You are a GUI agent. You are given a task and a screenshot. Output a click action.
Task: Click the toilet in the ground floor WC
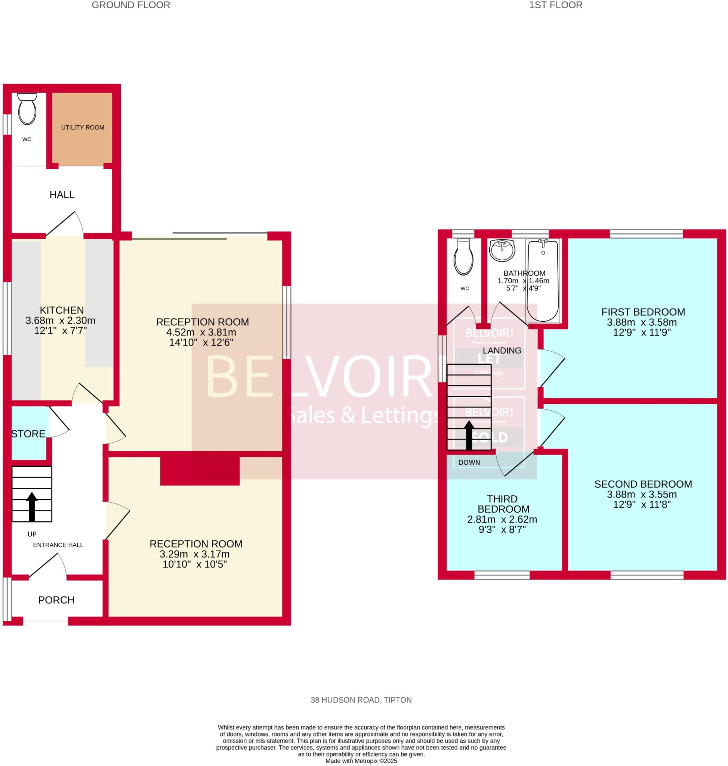tap(27, 110)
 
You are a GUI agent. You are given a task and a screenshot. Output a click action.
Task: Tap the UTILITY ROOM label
tap(83, 128)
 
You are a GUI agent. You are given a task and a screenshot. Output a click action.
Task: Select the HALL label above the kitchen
tap(62, 194)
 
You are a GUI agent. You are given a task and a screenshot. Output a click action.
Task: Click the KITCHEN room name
tap(62, 310)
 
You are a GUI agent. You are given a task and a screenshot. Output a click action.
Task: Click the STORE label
tap(28, 433)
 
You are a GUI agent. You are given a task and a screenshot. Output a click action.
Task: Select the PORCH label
tap(56, 600)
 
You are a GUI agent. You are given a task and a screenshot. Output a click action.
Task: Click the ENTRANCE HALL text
tap(58, 545)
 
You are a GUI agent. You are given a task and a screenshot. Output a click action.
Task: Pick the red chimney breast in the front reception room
tap(200, 471)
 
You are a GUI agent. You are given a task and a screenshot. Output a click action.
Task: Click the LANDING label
tap(502, 350)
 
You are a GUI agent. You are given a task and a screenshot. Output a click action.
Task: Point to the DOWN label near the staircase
tap(469, 462)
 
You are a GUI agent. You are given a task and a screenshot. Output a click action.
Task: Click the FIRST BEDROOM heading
tap(643, 312)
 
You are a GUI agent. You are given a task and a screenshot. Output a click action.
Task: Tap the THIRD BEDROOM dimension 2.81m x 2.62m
tap(502, 520)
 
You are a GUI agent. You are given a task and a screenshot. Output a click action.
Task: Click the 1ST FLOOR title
tap(556, 5)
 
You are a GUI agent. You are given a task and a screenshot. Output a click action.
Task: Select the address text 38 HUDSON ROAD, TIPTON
tap(361, 700)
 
